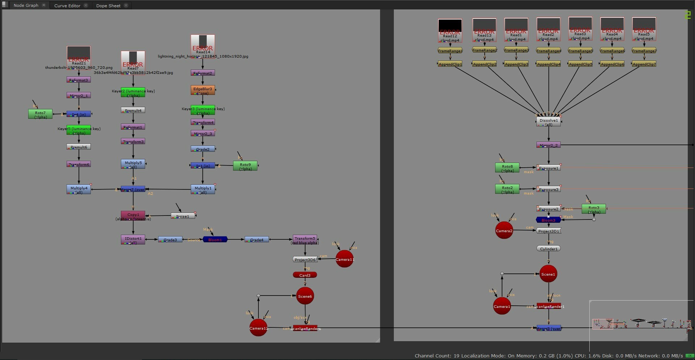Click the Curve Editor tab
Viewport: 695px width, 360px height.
(x=67, y=5)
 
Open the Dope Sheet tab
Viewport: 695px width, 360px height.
(x=108, y=5)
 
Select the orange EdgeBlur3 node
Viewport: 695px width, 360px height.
(x=203, y=90)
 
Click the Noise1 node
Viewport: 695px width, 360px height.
(x=183, y=216)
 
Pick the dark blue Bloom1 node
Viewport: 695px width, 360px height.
(x=215, y=239)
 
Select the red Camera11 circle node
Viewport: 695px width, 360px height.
(x=344, y=259)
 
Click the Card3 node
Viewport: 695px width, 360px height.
(x=305, y=275)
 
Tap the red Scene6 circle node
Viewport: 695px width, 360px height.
(x=305, y=296)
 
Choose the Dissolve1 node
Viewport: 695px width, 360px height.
(x=548, y=122)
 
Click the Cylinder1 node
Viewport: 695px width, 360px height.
(x=548, y=248)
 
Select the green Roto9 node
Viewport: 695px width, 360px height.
(x=245, y=166)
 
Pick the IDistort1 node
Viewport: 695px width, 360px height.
(x=133, y=239)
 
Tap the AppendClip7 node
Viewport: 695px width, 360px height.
(x=644, y=64)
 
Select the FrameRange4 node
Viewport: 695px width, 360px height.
(x=548, y=51)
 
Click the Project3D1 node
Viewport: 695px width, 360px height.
(x=548, y=231)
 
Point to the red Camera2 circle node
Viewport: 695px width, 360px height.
(x=504, y=230)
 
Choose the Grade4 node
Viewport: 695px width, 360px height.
(x=257, y=239)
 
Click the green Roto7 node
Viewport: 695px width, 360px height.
(x=40, y=114)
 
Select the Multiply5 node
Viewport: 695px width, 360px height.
(x=133, y=164)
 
